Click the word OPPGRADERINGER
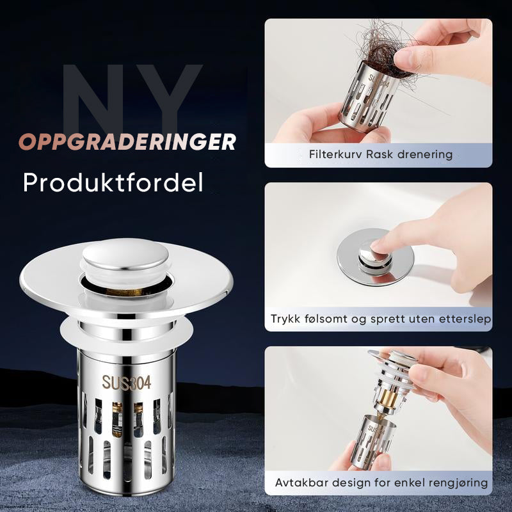[127, 141]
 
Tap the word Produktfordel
[113, 182]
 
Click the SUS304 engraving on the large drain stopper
[126, 382]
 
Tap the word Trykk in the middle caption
[285, 318]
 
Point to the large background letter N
[92, 97]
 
